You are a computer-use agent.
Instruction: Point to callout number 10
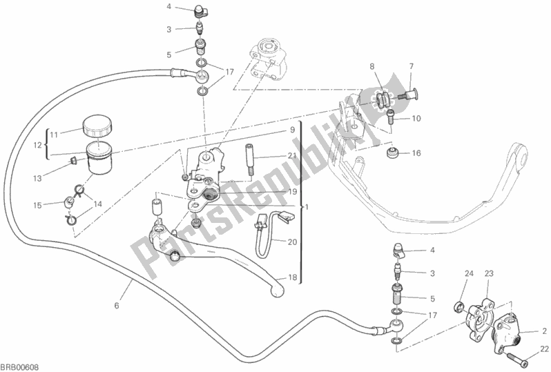click(416, 118)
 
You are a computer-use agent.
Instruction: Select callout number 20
click(292, 242)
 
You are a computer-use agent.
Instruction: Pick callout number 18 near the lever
click(292, 277)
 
